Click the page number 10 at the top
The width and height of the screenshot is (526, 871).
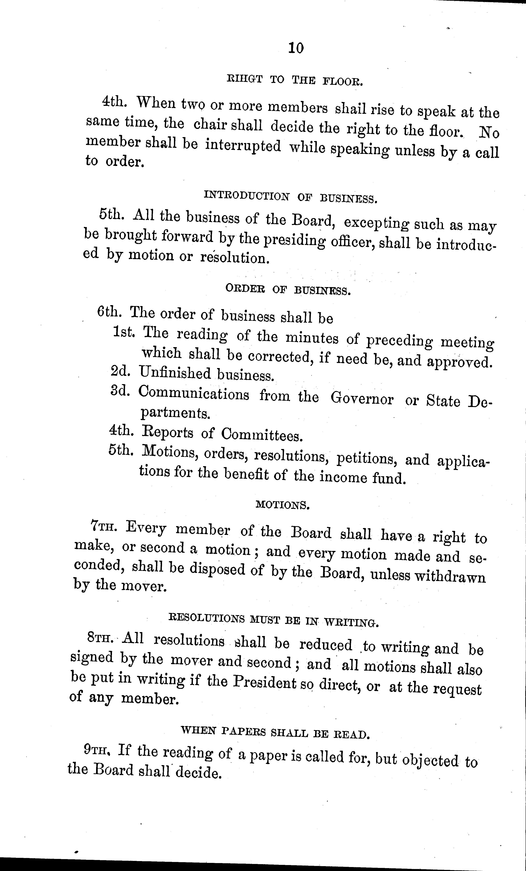(x=296, y=48)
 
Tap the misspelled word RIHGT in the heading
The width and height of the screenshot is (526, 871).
(x=244, y=79)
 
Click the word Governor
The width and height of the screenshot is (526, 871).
(x=362, y=399)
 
